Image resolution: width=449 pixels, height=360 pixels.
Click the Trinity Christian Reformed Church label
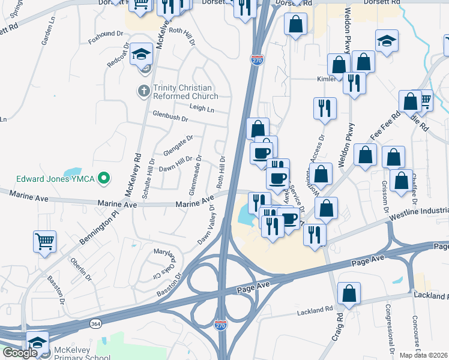click(185, 92)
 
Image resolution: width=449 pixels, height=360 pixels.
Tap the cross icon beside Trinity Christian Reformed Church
click(143, 91)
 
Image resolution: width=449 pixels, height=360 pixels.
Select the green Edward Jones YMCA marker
click(104, 178)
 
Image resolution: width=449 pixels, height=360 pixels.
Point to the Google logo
click(19, 353)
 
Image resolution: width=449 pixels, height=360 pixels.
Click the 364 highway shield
click(95, 324)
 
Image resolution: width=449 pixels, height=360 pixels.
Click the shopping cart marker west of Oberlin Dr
click(44, 242)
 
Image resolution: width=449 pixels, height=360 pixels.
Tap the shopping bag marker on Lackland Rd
click(349, 294)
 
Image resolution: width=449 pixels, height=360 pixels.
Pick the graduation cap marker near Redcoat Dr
click(142, 55)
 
